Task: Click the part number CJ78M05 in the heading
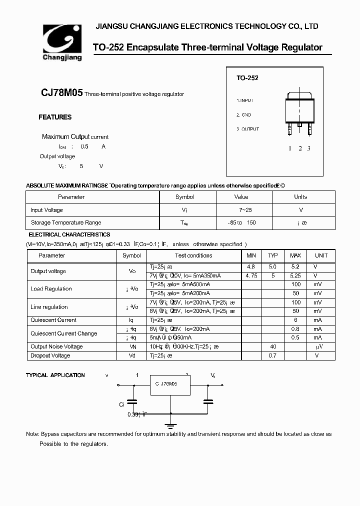tap(62, 93)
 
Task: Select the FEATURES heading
tap(55, 117)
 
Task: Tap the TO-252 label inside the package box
tap(247, 78)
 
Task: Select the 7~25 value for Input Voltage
tap(241, 210)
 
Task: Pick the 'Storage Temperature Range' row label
tap(66, 222)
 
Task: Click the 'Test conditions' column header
tap(193, 255)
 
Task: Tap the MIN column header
tap(251, 255)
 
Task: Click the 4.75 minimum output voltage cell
tap(251, 275)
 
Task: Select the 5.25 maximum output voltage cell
tap(295, 275)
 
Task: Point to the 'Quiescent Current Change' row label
tap(64, 333)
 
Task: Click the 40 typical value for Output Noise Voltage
tap(273, 346)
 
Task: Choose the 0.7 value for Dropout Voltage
tap(273, 355)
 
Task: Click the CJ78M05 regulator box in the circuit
tap(170, 384)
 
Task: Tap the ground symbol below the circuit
tap(171, 425)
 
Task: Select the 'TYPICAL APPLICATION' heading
tap(55, 375)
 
